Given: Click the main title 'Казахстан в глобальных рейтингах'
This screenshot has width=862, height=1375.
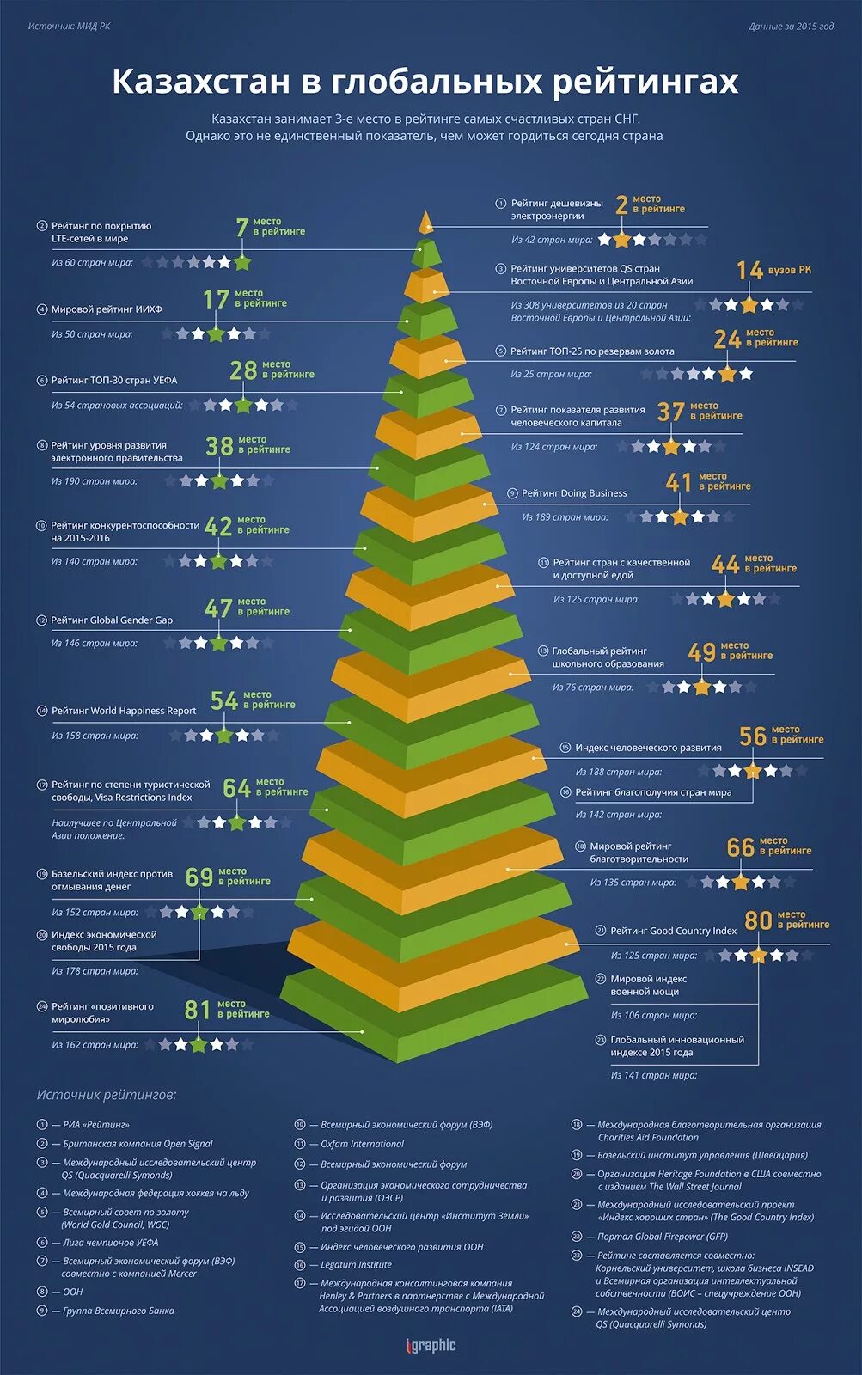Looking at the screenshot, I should [x=425, y=82].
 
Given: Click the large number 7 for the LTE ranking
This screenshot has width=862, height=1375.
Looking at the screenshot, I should [x=242, y=228].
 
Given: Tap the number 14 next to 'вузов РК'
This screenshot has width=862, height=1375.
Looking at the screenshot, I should [x=749, y=271].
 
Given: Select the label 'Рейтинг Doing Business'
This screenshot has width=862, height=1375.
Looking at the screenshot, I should [x=574, y=493].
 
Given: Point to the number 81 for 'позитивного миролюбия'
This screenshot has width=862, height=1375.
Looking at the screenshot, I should [x=198, y=1011].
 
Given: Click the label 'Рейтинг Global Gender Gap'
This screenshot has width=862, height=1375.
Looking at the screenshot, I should [x=112, y=620].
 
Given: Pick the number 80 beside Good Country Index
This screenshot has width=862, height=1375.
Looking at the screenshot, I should [x=758, y=921].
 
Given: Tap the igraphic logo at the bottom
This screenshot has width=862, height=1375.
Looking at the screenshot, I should [x=431, y=1346].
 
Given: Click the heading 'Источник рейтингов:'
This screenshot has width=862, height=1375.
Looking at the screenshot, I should [x=106, y=1095].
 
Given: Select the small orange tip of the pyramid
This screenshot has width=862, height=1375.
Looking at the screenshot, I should [x=425, y=223].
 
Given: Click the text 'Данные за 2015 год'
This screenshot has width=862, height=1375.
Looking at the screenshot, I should [x=791, y=27].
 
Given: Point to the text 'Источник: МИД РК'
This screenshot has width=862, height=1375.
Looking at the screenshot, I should [x=69, y=27].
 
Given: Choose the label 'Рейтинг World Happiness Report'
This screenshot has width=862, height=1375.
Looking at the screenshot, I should [x=124, y=711].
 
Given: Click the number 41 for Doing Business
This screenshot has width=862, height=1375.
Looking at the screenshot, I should [x=678, y=483].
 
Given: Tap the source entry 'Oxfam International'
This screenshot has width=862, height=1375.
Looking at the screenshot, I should [x=362, y=1144].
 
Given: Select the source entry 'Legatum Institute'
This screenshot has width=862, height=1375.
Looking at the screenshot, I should [x=356, y=1265].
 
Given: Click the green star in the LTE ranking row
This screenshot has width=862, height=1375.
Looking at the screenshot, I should [x=242, y=262].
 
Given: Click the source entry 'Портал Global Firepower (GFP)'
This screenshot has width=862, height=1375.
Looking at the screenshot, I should [x=662, y=1237].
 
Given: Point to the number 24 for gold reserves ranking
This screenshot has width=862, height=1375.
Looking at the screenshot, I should [x=727, y=339].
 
